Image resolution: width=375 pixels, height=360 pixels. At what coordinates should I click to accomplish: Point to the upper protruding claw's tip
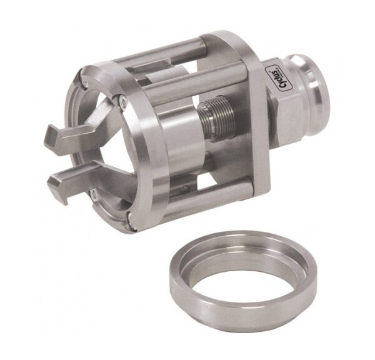[51, 134]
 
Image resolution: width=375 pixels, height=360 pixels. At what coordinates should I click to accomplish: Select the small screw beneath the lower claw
[94, 195]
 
